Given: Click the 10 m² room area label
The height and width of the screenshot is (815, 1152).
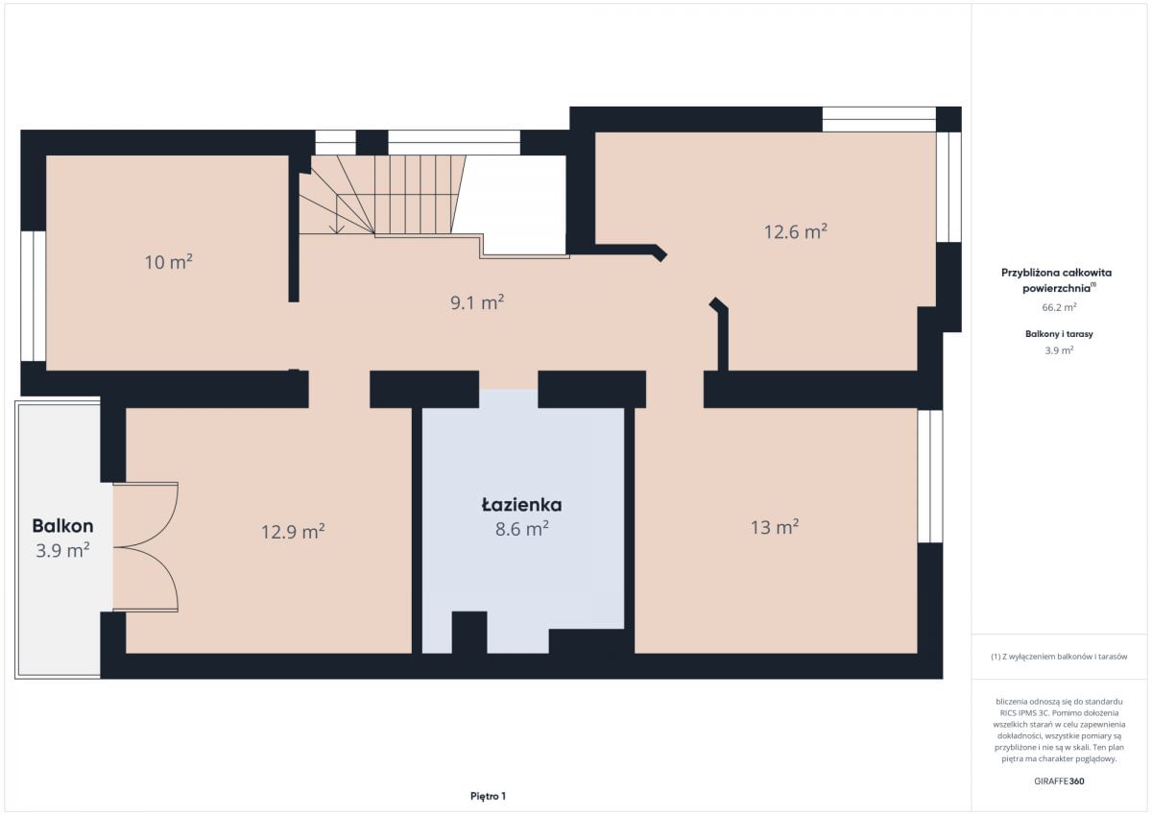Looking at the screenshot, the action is (x=168, y=262).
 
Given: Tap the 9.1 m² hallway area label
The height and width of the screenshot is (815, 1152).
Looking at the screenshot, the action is (x=477, y=302).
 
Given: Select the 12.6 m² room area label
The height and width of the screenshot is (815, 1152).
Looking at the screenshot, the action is (x=795, y=231).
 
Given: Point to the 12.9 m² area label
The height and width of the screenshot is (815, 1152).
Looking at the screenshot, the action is (x=293, y=531).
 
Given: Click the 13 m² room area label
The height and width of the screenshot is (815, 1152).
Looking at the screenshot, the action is (x=775, y=527).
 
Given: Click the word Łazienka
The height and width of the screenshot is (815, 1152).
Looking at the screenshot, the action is (x=521, y=504).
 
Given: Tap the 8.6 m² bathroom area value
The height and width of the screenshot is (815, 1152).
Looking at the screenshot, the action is (x=521, y=529).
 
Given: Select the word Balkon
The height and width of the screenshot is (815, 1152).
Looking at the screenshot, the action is (x=62, y=525).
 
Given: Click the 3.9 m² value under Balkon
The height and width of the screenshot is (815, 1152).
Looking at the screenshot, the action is (x=62, y=550).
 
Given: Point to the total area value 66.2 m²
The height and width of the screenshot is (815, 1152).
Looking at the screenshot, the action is (x=1059, y=307).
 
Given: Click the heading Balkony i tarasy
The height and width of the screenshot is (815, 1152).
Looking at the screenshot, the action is (x=1059, y=334).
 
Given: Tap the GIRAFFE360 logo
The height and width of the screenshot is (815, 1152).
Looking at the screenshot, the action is (x=1059, y=781).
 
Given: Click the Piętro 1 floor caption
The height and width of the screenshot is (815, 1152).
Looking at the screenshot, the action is (x=488, y=796).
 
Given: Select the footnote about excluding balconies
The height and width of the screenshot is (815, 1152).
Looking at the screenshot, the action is (x=1059, y=656).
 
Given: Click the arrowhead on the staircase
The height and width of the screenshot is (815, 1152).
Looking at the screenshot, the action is (x=337, y=228).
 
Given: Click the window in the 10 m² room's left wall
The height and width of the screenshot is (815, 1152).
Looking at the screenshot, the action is (x=33, y=297).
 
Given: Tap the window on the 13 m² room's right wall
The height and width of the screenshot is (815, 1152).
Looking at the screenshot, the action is (x=930, y=476).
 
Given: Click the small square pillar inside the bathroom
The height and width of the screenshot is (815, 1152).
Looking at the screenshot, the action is (x=469, y=632).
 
